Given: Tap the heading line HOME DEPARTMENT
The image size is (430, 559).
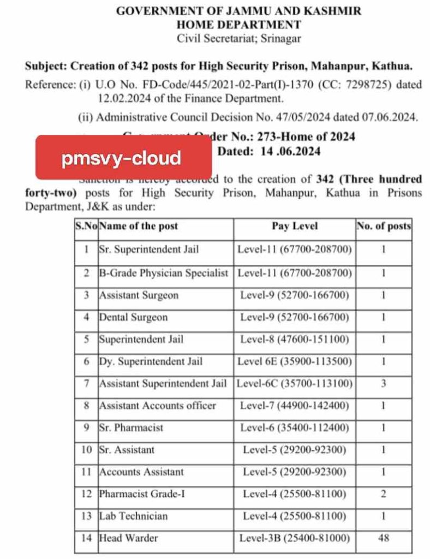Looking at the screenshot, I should tap(238, 25).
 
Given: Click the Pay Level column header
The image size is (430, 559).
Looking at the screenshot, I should tap(295, 226).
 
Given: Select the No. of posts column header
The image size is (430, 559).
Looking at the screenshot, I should tap(384, 226).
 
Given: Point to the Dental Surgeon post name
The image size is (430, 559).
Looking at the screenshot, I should tap(133, 317).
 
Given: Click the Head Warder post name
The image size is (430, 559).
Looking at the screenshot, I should tap(128, 538).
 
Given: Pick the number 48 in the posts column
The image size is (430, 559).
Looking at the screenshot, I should tap(384, 538).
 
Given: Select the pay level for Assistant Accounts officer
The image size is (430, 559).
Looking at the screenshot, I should tap(295, 406).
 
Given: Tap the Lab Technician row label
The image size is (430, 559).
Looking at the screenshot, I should tap(133, 516).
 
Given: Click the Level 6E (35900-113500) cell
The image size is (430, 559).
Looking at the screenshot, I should tap(295, 361).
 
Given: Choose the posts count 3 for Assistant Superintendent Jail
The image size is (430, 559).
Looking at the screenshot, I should tap(384, 383).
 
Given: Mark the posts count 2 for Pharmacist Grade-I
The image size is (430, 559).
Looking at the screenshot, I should tap(384, 494).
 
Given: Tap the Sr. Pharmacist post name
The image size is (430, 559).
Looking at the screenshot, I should tap(131, 427).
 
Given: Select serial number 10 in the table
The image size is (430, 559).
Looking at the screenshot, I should tap(86, 450).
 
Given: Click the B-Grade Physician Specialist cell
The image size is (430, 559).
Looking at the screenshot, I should tap(163, 273).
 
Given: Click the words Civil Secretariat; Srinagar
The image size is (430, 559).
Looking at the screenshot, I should tap(239, 38).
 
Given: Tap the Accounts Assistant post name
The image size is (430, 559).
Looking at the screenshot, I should tap(141, 472).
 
